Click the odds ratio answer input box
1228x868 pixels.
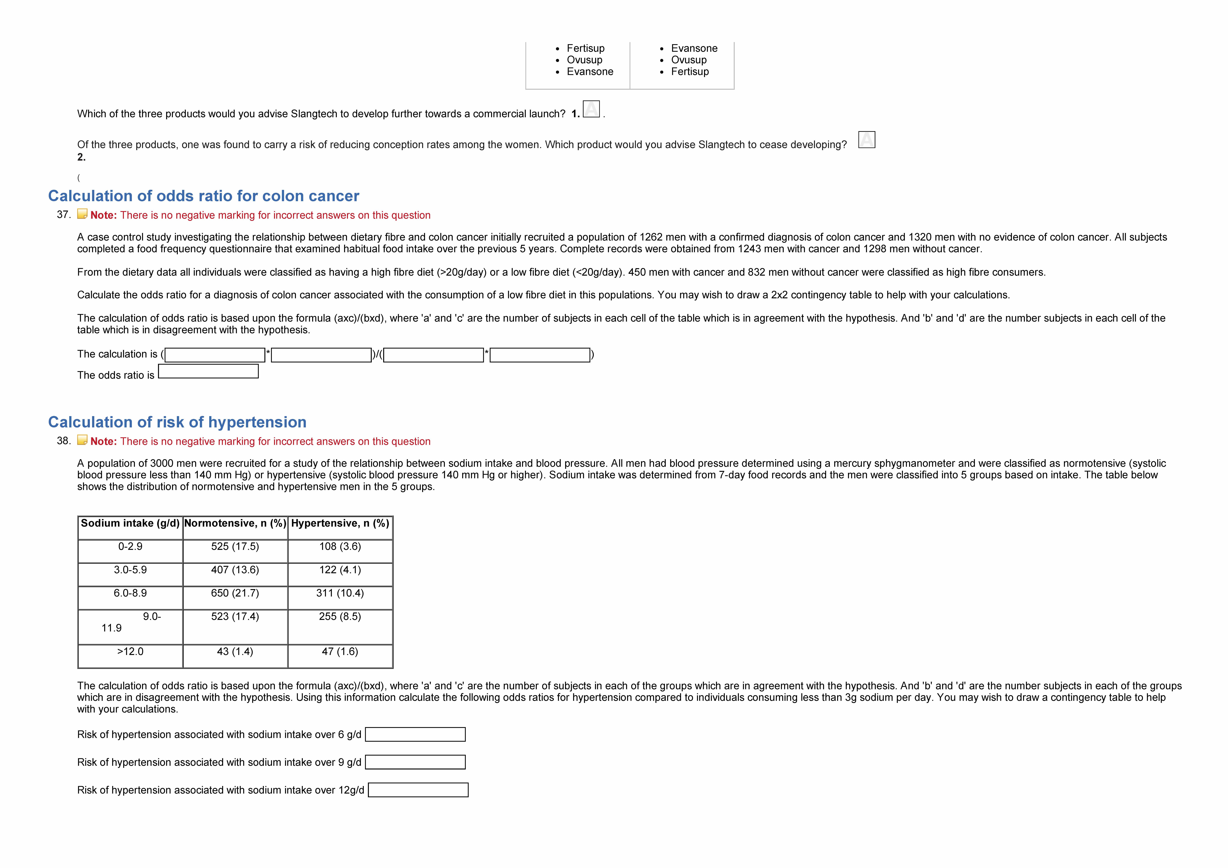pos(208,371)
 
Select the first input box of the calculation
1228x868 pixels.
pos(215,355)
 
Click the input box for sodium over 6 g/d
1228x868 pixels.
pos(415,734)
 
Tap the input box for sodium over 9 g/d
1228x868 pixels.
pos(415,762)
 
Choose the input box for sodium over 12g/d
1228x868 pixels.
pos(418,790)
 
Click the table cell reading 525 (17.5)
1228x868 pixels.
pos(235,547)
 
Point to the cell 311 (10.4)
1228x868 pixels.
pos(340,593)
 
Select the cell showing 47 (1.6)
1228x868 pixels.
pos(340,651)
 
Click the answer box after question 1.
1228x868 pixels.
pos(591,109)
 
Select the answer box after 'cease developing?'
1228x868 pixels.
pos(866,140)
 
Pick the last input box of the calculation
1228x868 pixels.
pos(540,355)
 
